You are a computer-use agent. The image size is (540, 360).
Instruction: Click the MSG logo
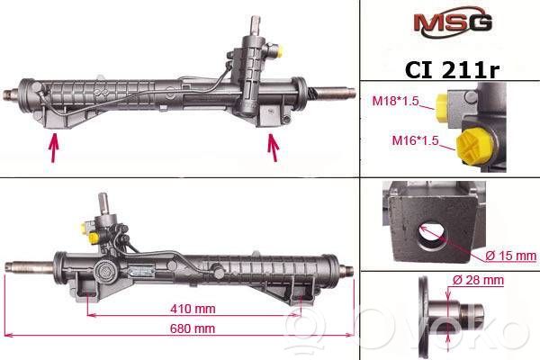[452, 22]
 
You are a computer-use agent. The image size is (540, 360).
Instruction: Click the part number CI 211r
[452, 69]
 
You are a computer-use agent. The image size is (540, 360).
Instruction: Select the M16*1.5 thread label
[415, 140]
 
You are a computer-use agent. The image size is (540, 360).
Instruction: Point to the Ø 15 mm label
[510, 256]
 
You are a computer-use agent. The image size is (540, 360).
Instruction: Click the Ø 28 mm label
[478, 280]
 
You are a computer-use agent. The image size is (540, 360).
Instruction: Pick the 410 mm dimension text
[193, 309]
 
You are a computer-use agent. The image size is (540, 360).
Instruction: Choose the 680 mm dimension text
[193, 328]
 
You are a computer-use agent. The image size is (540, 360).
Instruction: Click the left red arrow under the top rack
[53, 148]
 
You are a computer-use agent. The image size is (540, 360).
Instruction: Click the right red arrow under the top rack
[274, 148]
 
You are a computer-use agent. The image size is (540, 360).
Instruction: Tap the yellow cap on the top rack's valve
[280, 51]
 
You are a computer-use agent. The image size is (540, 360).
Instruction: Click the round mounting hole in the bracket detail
[432, 237]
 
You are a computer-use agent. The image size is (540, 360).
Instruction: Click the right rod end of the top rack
[335, 92]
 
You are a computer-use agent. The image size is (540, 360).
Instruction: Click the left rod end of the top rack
[11, 94]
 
